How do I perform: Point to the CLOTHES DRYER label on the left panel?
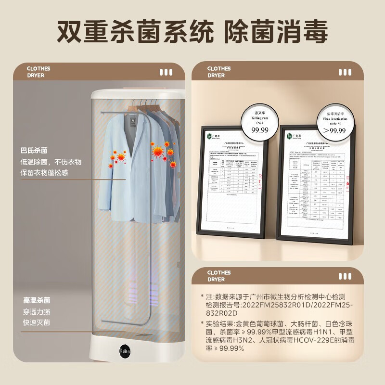coord(38,72)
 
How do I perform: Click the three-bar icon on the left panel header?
coord(166,72)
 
